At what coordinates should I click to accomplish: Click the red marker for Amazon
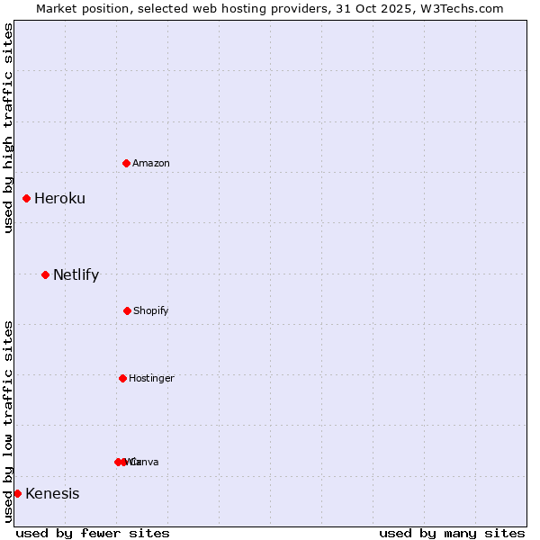126,163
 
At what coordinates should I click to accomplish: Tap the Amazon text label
151,163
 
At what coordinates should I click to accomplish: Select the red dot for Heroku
26,198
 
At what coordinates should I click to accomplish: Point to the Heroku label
59,198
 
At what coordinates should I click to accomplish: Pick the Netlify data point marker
45,274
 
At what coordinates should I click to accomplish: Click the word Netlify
76,274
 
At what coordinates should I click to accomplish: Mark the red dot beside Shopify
127,310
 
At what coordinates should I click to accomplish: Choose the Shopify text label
151,310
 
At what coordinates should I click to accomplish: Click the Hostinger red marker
122,378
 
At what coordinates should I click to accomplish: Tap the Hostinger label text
151,378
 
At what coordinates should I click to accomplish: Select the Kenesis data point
17,493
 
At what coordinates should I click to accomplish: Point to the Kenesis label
52,493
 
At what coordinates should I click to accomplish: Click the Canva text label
147,462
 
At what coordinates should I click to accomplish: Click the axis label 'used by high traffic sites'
9,128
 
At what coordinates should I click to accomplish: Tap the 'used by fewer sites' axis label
93,533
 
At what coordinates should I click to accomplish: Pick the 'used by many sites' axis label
452,533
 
